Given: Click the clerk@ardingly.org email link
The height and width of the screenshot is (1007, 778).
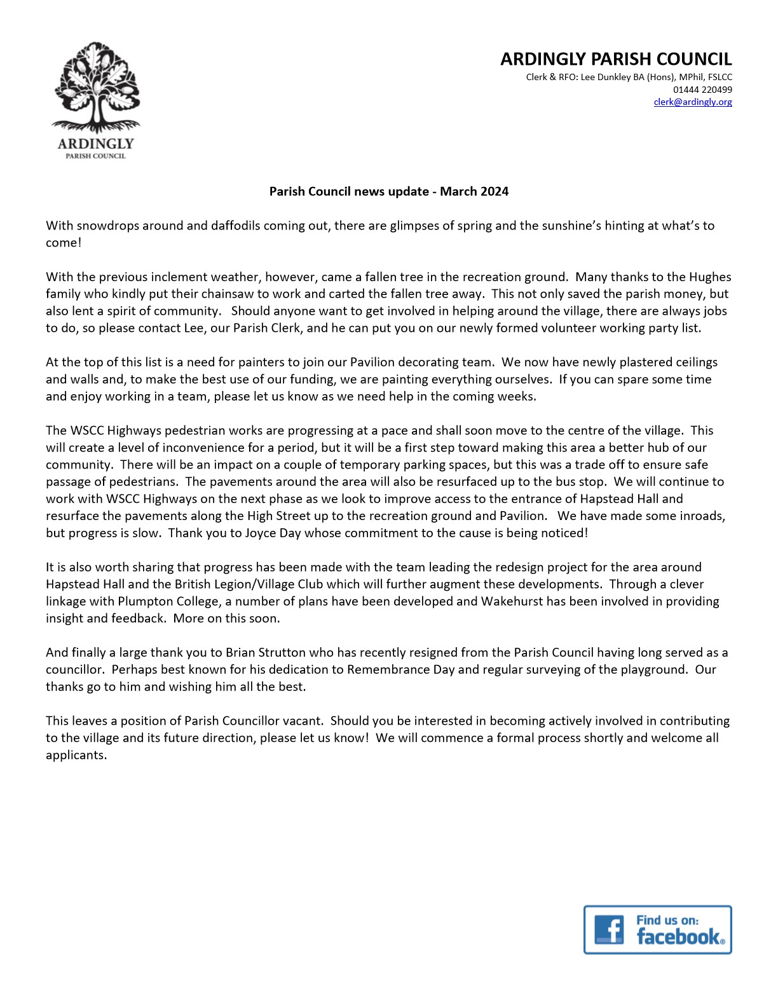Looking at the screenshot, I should pos(693,102).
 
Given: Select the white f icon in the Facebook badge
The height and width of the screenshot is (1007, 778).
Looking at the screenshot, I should pos(609,929).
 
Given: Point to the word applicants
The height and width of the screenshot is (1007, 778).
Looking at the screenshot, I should pos(76,755).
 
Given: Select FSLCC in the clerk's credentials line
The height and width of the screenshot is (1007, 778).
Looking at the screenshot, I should pos(720,78).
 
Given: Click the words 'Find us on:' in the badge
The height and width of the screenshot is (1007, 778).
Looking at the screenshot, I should pos(667,920).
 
